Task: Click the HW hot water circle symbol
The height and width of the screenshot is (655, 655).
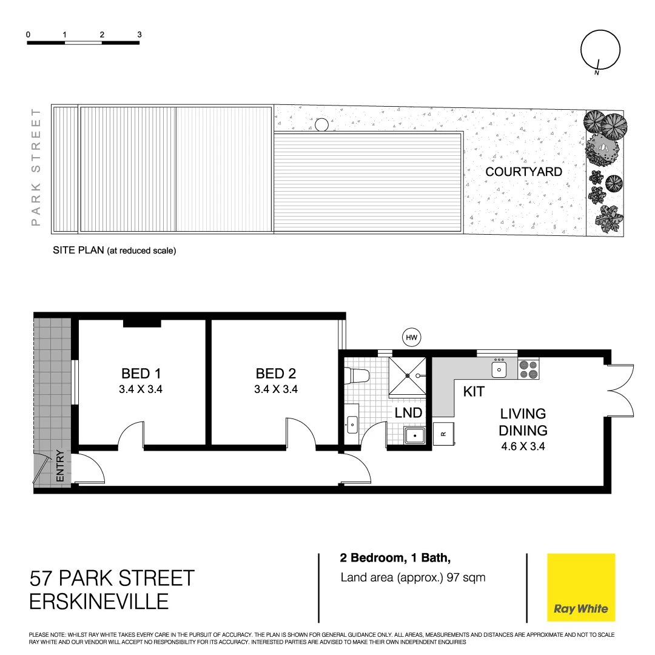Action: click(412, 337)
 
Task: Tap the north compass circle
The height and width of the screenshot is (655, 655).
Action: click(600, 50)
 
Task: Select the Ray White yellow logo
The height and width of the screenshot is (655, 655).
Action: click(580, 588)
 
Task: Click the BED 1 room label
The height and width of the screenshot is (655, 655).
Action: click(141, 373)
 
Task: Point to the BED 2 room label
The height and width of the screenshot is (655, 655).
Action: click(275, 373)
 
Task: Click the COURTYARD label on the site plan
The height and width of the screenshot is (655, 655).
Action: click(523, 172)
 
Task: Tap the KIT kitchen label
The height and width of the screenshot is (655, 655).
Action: click(474, 392)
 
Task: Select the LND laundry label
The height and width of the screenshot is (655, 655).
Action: click(408, 413)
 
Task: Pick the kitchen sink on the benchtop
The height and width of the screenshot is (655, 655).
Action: click(499, 368)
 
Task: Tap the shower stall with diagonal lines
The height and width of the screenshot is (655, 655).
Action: click(408, 375)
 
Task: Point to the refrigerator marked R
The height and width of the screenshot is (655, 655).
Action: click(443, 433)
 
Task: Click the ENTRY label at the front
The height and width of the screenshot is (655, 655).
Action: click(60, 466)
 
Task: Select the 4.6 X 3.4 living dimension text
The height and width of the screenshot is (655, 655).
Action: click(523, 448)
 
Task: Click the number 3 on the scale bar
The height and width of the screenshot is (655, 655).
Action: click(139, 35)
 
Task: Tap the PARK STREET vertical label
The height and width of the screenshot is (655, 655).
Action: click(36, 167)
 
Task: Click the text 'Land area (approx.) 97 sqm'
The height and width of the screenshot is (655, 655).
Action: click(413, 577)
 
